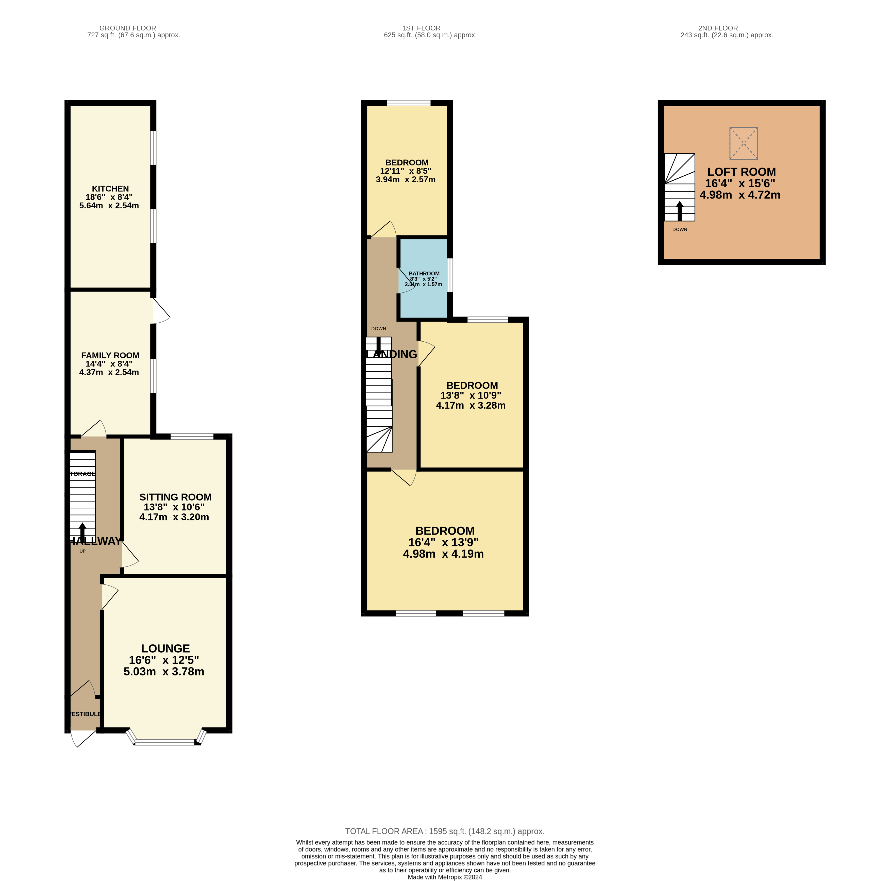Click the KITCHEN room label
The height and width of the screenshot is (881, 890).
click(x=110, y=188)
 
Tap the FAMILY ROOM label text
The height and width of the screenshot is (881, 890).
click(x=110, y=355)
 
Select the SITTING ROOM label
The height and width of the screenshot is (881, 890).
click(x=176, y=497)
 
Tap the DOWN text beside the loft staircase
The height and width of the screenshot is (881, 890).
click(x=679, y=229)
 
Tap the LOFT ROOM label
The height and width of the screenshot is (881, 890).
click(x=741, y=172)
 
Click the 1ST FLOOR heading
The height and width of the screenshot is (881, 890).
click(x=421, y=28)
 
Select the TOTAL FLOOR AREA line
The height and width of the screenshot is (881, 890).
click(x=445, y=831)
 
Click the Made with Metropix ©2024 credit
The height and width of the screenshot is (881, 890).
click(x=445, y=877)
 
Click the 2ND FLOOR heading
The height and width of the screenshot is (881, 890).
click(x=718, y=28)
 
